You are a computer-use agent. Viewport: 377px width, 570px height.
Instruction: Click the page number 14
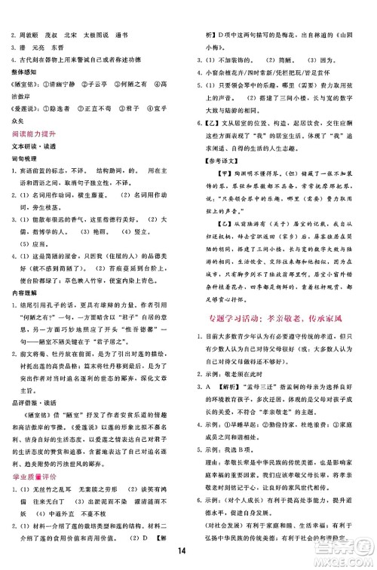(x=188, y=549)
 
